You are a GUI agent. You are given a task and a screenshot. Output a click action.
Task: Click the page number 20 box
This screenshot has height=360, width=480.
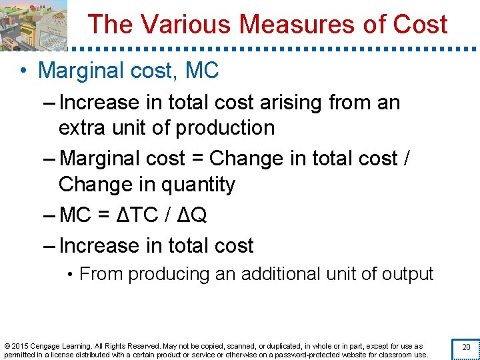[x=466, y=347]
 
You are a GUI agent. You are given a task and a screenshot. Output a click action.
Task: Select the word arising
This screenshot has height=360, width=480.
[x=292, y=103]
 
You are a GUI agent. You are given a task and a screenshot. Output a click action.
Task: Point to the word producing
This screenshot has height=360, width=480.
[x=167, y=274]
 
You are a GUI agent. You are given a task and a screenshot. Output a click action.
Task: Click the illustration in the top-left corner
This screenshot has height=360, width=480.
[x=33, y=25]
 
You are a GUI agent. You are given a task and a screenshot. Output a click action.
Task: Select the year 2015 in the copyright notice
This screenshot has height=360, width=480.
[x=21, y=346]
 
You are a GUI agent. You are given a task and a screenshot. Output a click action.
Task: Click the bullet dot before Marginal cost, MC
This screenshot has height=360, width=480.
[x=23, y=71]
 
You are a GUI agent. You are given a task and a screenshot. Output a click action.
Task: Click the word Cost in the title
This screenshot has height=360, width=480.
[x=420, y=25]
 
